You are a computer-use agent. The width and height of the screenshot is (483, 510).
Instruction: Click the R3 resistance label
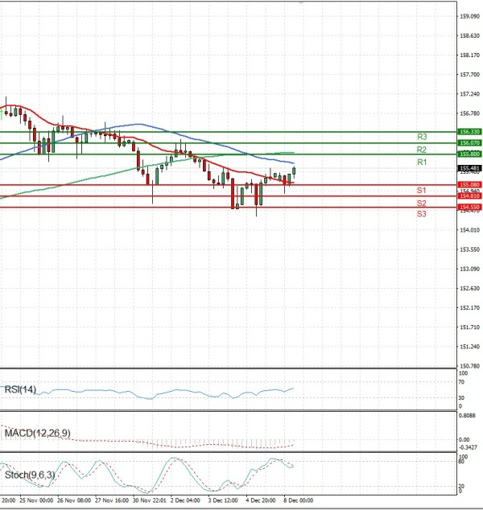tap(421, 137)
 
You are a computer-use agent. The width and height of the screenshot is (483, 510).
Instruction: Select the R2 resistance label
tap(421, 150)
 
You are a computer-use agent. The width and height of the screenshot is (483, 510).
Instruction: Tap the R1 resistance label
tap(421, 162)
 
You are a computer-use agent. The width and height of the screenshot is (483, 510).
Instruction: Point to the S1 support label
tap(421, 190)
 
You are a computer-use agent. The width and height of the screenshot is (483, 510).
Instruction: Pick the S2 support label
tap(421, 204)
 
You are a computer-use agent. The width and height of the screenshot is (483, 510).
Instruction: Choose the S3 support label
tap(421, 214)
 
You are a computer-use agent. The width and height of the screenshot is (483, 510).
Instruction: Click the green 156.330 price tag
tap(469, 131)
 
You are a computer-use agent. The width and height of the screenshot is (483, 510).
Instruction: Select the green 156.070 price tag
tap(469, 142)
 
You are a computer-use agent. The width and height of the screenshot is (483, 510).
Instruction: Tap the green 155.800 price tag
tap(469, 154)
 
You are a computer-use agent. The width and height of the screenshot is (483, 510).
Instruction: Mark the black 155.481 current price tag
tap(469, 168)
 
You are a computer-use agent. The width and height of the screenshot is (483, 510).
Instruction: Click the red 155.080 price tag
tap(469, 185)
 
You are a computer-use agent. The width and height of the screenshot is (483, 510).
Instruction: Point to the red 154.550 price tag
tap(469, 208)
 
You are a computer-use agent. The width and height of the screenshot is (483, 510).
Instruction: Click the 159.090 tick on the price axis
tap(470, 16)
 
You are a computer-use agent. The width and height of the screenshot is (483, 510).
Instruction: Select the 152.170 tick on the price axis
tap(470, 307)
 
